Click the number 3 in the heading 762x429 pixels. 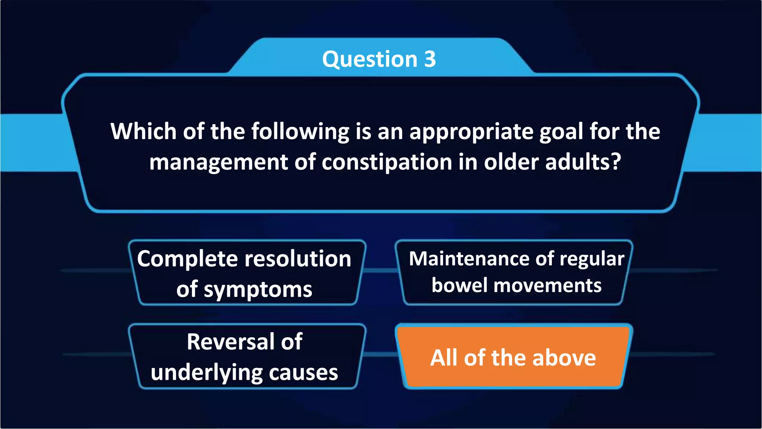point(430,59)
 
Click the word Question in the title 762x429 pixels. point(370,59)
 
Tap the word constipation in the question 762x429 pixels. point(387,162)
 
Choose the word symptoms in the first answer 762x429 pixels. point(258,290)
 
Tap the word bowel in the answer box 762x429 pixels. point(460,286)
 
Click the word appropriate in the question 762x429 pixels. point(471,132)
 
